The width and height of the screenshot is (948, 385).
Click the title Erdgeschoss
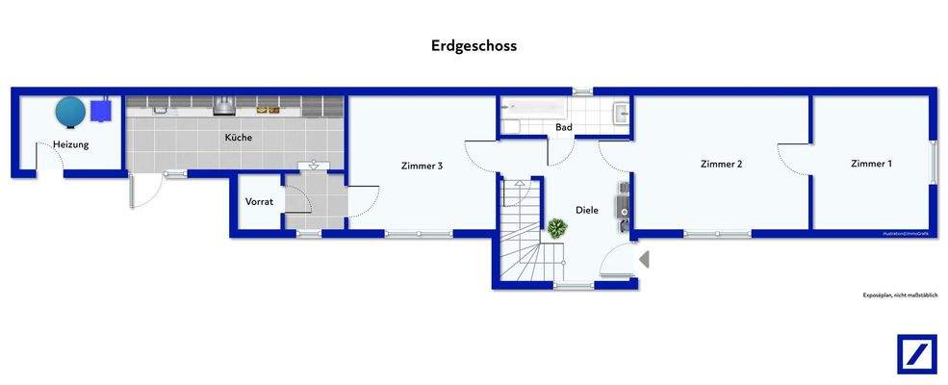[x=473, y=45]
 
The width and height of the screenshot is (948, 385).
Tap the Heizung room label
[x=71, y=144]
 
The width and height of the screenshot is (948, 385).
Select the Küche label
[x=239, y=138]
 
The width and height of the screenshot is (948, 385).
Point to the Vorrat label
[x=259, y=202]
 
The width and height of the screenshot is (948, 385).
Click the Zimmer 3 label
[x=422, y=166]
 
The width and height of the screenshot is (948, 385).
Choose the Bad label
[x=564, y=127]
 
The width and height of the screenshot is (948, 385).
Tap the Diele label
[x=587, y=210]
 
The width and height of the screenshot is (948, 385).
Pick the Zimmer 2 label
[x=721, y=165]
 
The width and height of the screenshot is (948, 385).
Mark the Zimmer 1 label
[x=871, y=164]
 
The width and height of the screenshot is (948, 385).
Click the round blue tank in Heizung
[x=71, y=112]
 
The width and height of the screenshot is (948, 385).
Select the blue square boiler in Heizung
[x=101, y=112]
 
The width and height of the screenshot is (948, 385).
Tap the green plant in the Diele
[x=556, y=228]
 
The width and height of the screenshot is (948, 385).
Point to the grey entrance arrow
[x=644, y=259]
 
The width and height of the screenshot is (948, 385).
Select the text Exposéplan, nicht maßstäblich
[x=899, y=295]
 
